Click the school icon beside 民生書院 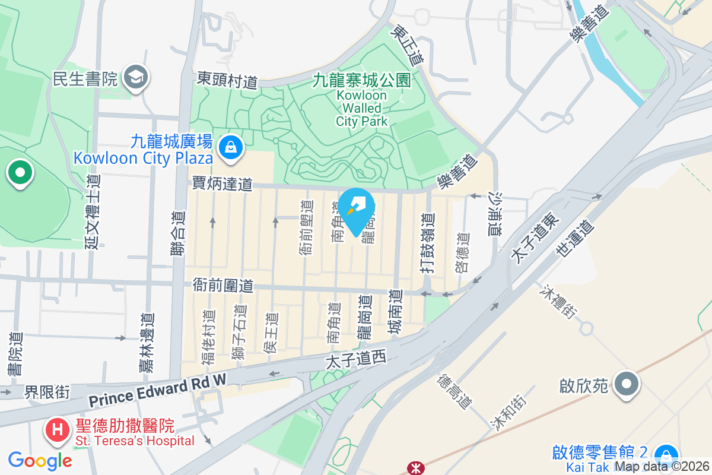click(136, 78)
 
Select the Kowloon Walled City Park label click(361, 100)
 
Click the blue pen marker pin click(357, 209)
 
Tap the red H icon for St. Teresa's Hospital click(58, 429)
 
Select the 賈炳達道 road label click(222, 183)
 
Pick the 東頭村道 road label click(228, 80)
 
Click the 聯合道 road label click(178, 234)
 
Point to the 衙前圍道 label click(223, 286)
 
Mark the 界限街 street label click(47, 392)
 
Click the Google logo click(40, 460)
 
